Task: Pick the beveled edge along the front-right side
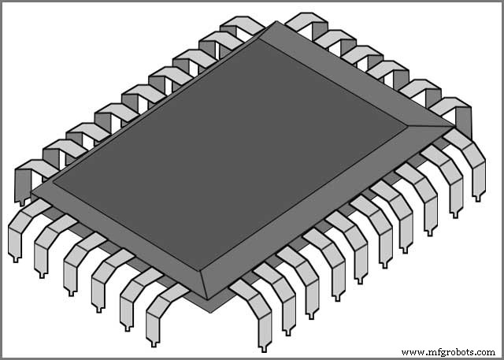point(331,213)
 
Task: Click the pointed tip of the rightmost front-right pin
point(478,199)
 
